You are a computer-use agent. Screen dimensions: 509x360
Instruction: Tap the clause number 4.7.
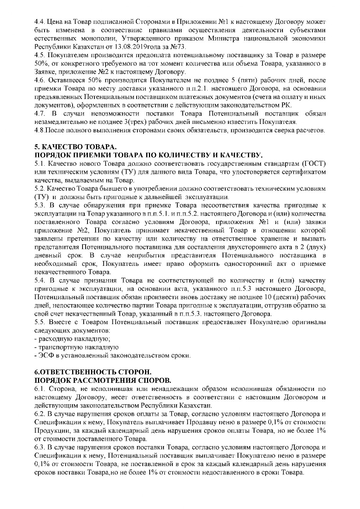(39, 114)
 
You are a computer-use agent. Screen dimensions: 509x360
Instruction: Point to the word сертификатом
(304, 172)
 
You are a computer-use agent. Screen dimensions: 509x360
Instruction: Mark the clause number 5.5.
(39, 322)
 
